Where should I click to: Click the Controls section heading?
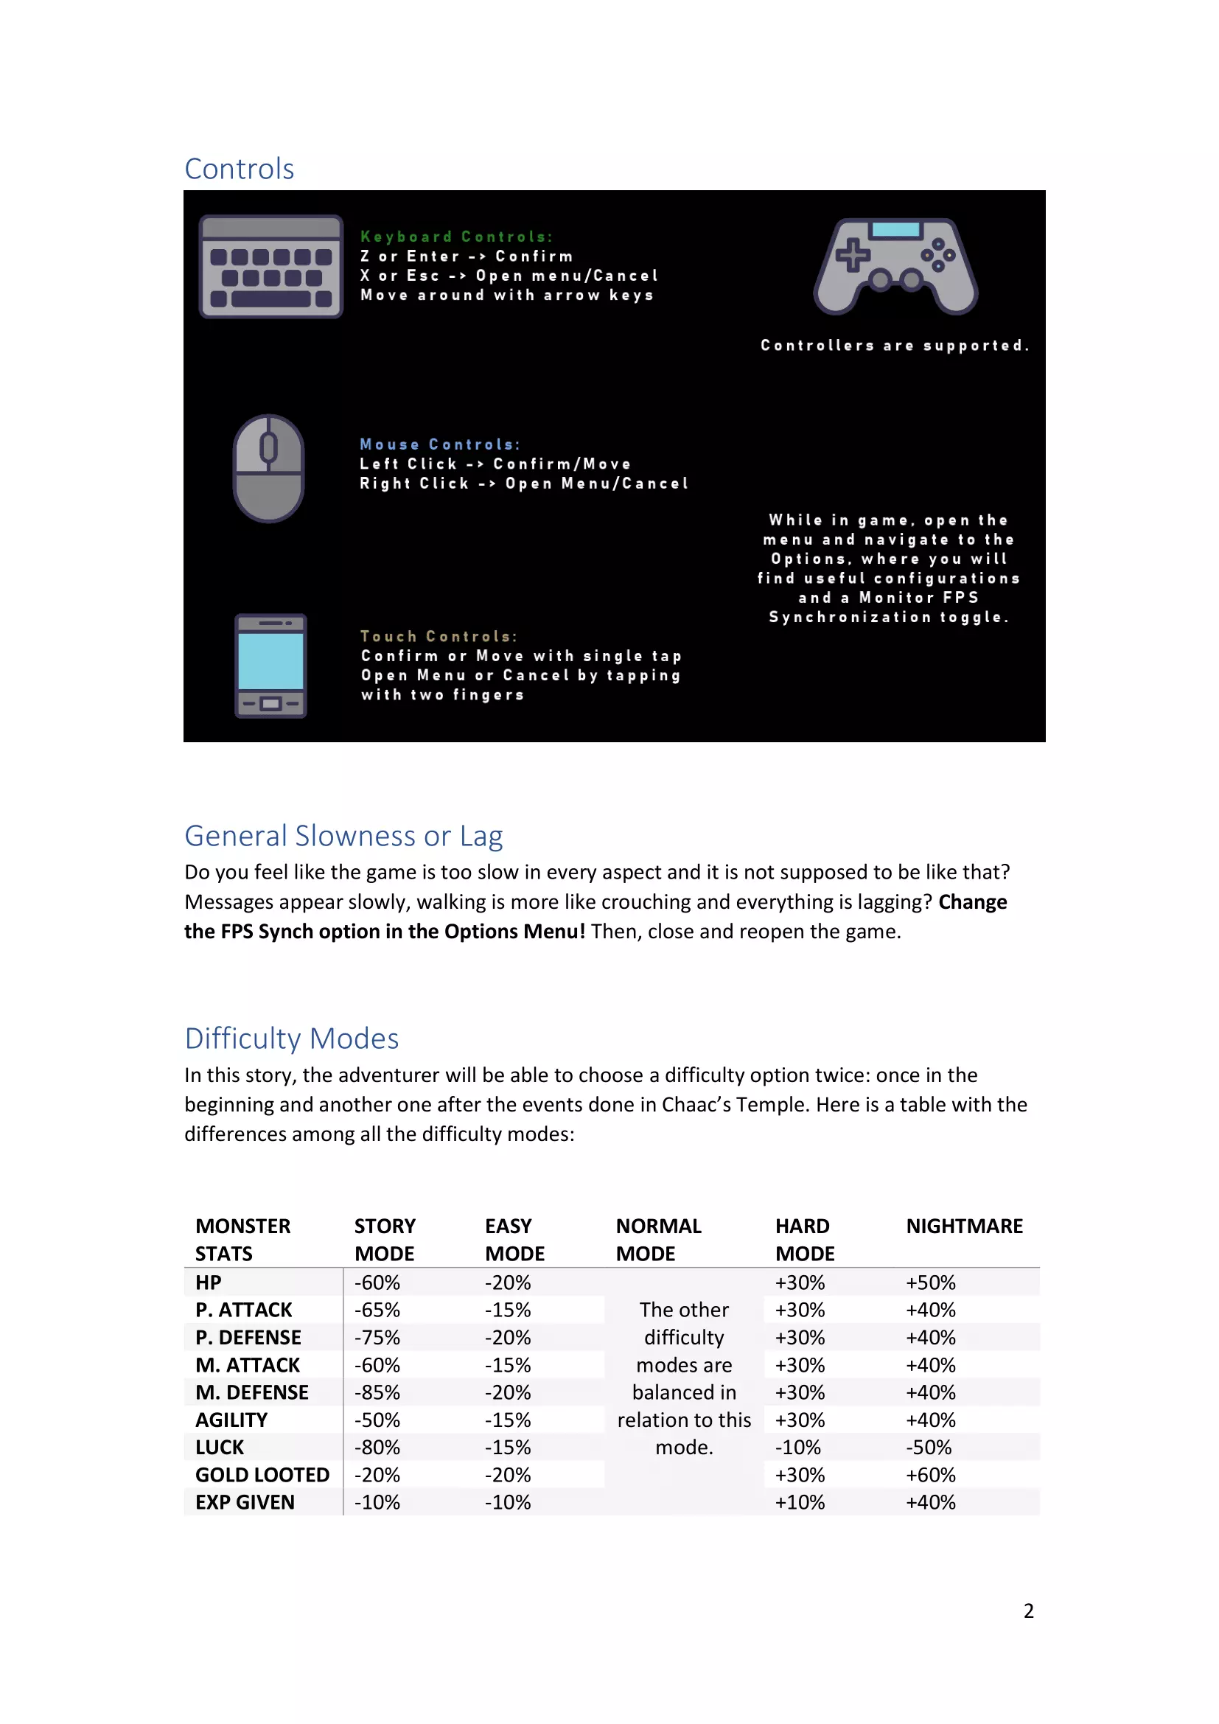pos(240,169)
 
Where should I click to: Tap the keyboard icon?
pos(271,267)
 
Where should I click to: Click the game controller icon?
pos(895,266)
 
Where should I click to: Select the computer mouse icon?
pos(269,468)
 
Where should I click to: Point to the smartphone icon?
pos(271,666)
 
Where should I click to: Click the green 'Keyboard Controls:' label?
pos(456,237)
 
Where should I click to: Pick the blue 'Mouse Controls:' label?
pos(440,444)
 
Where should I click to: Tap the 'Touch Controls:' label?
pos(439,637)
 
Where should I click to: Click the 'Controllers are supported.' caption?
pos(895,346)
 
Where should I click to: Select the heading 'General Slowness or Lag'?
pos(343,836)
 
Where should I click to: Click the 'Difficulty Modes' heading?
pos(292,1039)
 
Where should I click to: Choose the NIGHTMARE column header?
pos(965,1226)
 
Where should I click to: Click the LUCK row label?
pos(220,1447)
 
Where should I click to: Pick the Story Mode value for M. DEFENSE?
pos(377,1392)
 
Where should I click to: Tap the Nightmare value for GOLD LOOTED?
pos(931,1475)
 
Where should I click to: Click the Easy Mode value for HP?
pos(509,1282)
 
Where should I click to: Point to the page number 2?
pos(1028,1610)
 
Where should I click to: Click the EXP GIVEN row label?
pos(245,1501)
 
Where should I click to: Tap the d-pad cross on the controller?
pos(853,254)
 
